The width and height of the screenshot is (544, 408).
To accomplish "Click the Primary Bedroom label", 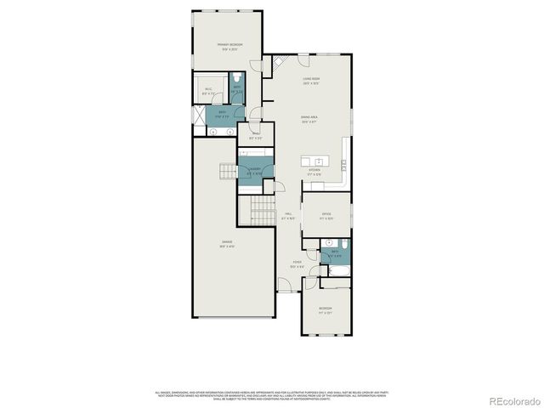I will (x=225, y=46).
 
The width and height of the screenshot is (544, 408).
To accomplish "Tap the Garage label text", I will (x=226, y=244).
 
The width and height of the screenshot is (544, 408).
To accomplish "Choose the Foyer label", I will (x=297, y=264).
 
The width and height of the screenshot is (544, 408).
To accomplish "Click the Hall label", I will (x=289, y=216).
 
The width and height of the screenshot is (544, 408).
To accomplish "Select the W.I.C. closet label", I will (x=209, y=90).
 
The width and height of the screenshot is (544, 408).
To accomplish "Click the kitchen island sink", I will (x=318, y=161).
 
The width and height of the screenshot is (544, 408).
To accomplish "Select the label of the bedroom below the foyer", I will (x=326, y=310).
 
